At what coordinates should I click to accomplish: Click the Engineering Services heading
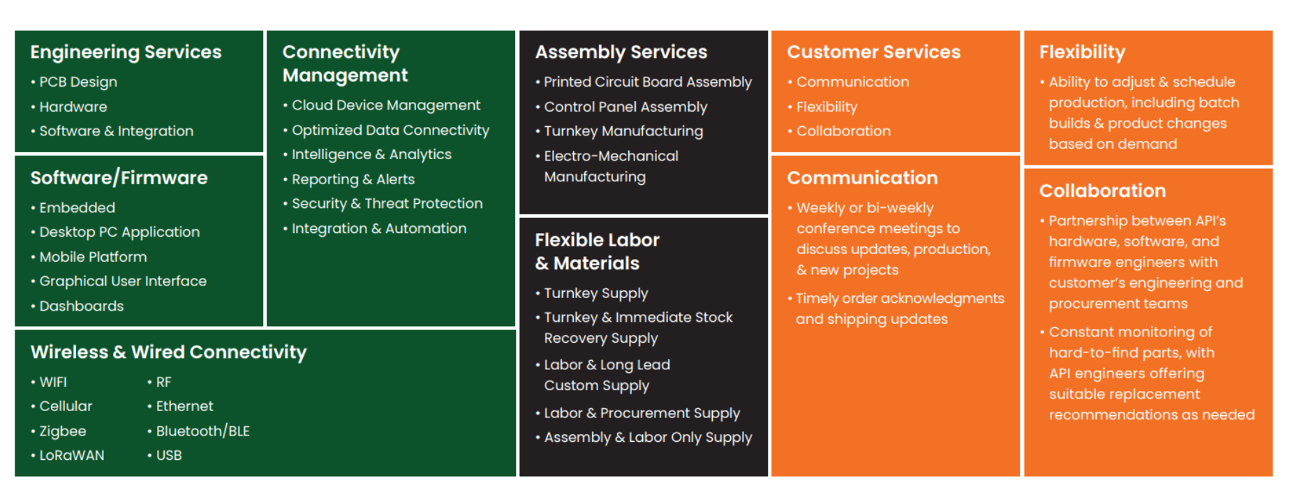pos(126,52)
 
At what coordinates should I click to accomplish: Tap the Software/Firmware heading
pos(119,178)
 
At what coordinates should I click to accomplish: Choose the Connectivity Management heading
pos(345,64)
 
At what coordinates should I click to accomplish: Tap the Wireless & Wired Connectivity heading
pos(168,352)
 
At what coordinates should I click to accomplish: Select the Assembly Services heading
pos(621,52)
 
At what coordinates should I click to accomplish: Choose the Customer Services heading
pos(873,52)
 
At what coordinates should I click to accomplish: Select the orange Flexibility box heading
pos(1082,52)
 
